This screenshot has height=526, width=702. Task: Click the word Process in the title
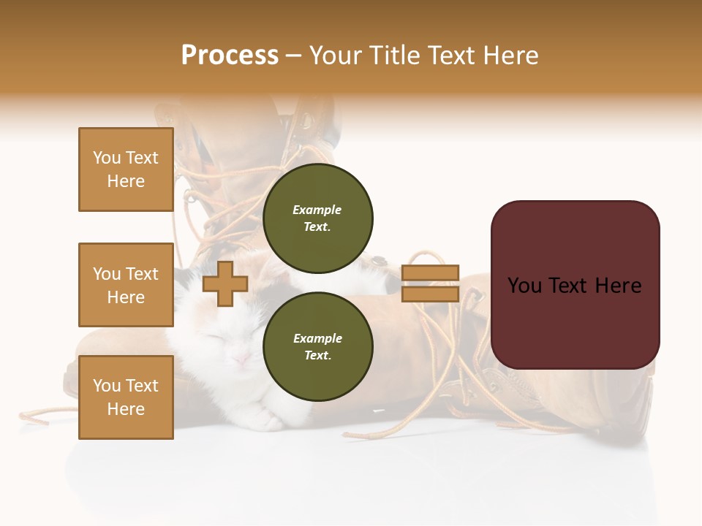coord(230,56)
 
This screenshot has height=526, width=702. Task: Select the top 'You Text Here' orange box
coord(126,169)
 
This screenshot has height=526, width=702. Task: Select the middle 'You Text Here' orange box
coord(126,285)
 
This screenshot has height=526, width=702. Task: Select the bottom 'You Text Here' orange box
coord(126,397)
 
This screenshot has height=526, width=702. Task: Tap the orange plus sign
coord(224,283)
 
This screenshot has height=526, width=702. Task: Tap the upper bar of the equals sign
coord(431,273)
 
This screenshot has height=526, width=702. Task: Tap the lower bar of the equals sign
coord(431,294)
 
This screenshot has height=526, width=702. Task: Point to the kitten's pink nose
coord(239,357)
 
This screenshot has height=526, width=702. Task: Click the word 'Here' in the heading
coord(509,56)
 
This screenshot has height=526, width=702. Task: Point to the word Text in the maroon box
coord(575,286)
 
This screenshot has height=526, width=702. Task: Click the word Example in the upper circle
coord(317,210)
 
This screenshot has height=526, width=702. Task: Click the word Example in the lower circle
coord(317,338)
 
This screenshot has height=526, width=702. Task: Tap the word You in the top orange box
coord(107,158)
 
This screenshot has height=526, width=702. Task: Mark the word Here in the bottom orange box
coord(126,409)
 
